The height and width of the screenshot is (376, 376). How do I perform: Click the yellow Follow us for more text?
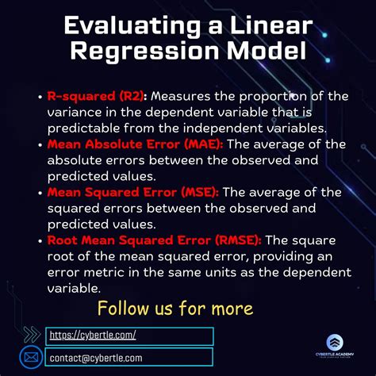[x=175, y=307]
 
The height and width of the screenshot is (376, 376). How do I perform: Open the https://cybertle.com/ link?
[x=93, y=336]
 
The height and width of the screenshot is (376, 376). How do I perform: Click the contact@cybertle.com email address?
[x=104, y=357]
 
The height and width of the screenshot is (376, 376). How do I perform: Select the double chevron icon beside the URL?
[x=33, y=335]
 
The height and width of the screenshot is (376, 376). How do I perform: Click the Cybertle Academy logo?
[x=335, y=346]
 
